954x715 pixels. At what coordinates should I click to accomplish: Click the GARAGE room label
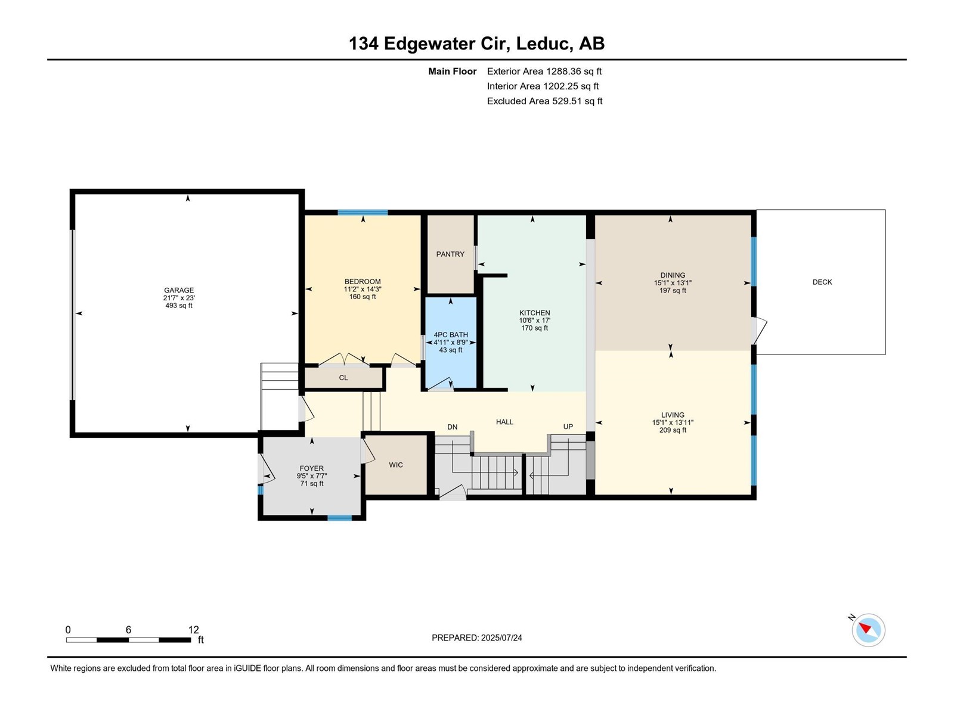point(179,290)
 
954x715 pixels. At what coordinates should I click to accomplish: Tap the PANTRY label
point(450,254)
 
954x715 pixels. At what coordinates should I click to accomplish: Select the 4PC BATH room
point(451,343)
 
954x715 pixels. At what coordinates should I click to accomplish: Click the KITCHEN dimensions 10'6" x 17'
point(534,321)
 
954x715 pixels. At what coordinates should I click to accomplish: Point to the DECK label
point(822,282)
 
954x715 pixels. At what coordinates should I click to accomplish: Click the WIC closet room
point(396,465)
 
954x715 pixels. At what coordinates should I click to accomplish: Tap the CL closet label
point(343,378)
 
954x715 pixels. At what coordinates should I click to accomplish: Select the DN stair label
point(453,427)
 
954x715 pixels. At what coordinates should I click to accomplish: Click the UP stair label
point(568,427)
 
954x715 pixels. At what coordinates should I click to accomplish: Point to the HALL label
point(504,422)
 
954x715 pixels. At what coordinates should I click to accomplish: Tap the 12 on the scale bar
point(193,630)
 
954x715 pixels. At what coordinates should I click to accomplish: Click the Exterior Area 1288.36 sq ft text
point(544,71)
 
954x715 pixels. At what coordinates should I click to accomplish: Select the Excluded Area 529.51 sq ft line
point(544,101)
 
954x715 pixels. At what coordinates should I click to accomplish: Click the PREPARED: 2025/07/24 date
point(477,638)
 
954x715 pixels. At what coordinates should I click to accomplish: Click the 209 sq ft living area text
point(673,430)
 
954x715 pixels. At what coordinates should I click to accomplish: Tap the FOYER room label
point(312,469)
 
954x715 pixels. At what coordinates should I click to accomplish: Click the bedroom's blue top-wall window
point(363,213)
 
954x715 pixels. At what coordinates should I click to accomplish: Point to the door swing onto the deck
point(760,331)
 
